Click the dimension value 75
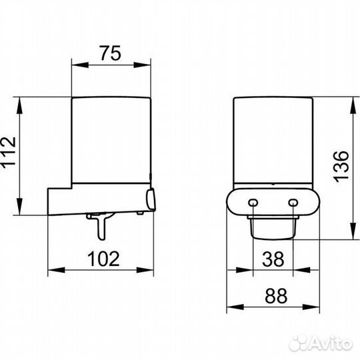(110, 53)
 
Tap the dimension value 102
(103, 259)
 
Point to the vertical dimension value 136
(341, 167)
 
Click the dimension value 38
(273, 259)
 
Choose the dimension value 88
(276, 296)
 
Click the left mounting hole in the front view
(253, 203)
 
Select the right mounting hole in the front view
(293, 203)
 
